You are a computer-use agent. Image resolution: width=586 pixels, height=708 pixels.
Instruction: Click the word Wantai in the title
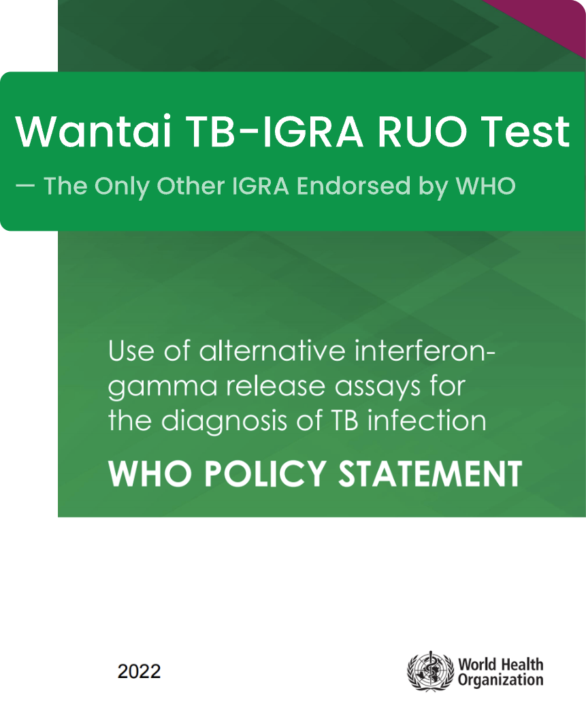[94, 131]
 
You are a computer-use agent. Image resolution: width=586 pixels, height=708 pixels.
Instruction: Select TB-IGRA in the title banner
[275, 131]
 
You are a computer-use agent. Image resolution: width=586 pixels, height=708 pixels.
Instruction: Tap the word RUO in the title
[423, 131]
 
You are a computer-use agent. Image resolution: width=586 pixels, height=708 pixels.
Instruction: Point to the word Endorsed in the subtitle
[353, 186]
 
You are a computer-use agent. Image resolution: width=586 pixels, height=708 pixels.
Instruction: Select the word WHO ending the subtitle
[486, 186]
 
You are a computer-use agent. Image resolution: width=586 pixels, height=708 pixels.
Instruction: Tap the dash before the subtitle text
[25, 185]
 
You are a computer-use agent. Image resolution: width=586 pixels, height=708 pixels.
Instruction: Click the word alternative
[272, 351]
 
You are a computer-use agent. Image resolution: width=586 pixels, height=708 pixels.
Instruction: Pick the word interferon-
[425, 351]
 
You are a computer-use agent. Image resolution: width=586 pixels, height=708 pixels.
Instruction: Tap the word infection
[427, 421]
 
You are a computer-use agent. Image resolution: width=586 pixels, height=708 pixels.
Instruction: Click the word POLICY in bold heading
[265, 473]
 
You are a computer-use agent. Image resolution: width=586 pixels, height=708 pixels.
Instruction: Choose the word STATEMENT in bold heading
[430, 473]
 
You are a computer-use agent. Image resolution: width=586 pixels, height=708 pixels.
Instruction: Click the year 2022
[139, 671]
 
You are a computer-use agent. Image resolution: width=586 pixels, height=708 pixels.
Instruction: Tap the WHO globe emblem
[430, 671]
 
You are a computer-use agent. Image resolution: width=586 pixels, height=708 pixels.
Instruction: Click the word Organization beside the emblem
[501, 680]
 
